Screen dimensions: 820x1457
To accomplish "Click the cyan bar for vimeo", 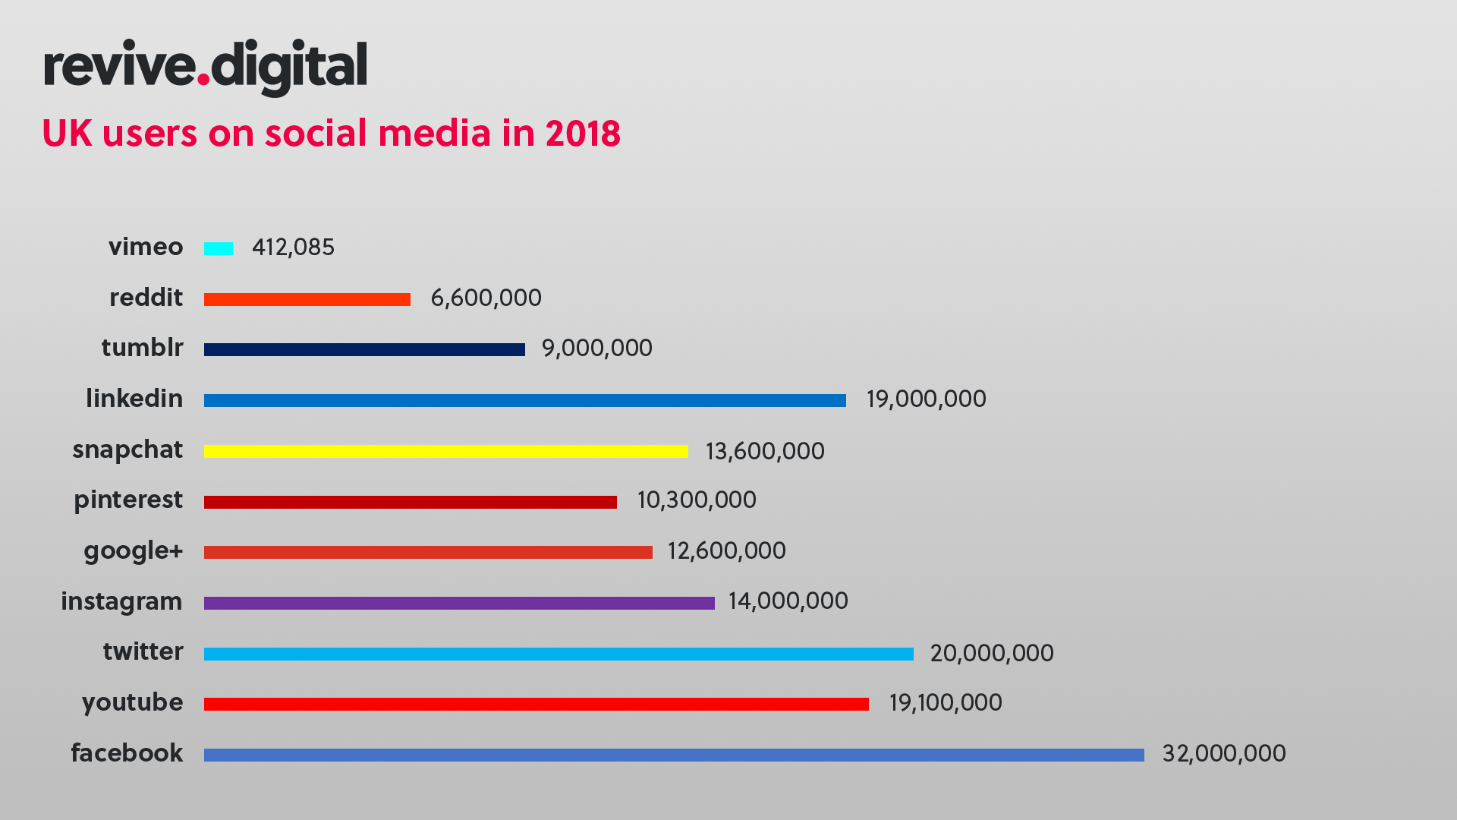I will click(219, 248).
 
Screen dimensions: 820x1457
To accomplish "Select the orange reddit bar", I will click(307, 299).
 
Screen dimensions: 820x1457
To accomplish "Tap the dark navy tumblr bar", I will click(364, 349).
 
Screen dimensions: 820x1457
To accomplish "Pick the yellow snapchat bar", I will click(446, 451).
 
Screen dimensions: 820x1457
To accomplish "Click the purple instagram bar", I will click(459, 603).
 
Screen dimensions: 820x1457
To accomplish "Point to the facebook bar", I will click(674, 755).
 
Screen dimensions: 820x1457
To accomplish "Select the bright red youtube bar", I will click(536, 704).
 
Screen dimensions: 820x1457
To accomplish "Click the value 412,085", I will click(293, 248).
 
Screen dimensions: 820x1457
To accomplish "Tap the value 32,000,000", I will click(1223, 753).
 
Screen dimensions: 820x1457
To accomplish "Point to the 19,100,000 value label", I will click(945, 702).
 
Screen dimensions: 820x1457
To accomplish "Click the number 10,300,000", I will click(696, 500).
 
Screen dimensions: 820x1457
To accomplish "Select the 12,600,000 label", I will click(726, 550).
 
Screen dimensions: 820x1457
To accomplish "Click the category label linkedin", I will click(134, 399).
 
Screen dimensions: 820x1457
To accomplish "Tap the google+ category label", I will click(134, 551).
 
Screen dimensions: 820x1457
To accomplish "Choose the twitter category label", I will click(143, 651).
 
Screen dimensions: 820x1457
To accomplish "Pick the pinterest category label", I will click(128, 500).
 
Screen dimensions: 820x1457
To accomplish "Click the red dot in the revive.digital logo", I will click(203, 77).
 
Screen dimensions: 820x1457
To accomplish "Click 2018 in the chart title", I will click(582, 134).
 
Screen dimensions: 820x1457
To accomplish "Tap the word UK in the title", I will click(67, 134).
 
